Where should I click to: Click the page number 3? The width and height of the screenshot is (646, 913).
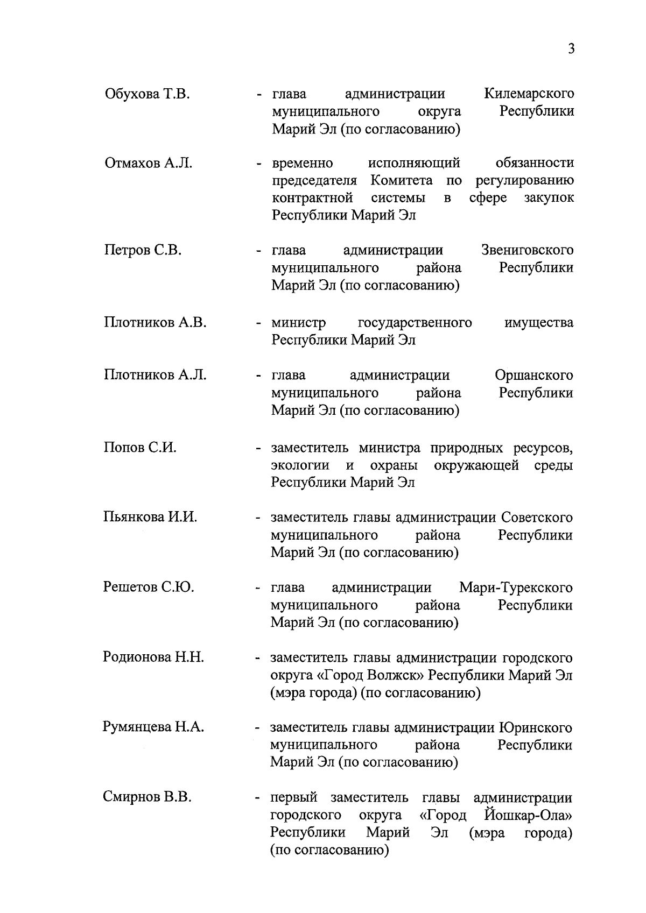[571, 49]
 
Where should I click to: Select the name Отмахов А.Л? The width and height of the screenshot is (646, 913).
[149, 163]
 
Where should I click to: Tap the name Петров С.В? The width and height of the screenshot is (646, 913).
[143, 251]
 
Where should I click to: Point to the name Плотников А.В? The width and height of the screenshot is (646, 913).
[155, 323]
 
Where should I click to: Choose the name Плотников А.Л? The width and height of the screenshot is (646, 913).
[155, 375]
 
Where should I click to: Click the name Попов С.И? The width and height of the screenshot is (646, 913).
[140, 448]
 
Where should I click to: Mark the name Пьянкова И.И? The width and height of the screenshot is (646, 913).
[150, 518]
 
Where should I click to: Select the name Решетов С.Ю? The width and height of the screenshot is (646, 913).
[149, 588]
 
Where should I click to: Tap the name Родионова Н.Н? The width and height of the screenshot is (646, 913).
[153, 657]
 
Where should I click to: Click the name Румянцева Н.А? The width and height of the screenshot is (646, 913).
[153, 727]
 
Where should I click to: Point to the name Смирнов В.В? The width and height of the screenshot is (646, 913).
[148, 797]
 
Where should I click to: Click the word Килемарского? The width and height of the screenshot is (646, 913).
[529, 94]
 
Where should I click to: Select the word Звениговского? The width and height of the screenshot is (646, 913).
[527, 251]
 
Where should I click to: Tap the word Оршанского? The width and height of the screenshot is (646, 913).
[533, 375]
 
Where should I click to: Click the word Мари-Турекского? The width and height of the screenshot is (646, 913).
[516, 588]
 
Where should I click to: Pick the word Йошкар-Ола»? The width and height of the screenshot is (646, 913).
[528, 816]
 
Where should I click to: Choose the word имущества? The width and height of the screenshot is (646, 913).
[539, 323]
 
